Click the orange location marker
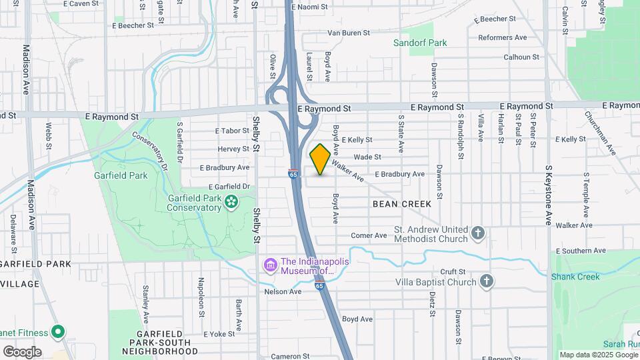320,159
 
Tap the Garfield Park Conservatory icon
231,201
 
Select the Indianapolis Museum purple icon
271,266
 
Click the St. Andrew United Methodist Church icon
477,233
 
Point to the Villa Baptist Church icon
487,281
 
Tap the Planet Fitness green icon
58,332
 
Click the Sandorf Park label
419,43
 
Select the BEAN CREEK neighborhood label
402,203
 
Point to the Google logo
22,351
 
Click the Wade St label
367,157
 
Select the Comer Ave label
369,235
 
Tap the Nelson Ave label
283,291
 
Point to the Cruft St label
452,272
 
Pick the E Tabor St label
232,131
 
